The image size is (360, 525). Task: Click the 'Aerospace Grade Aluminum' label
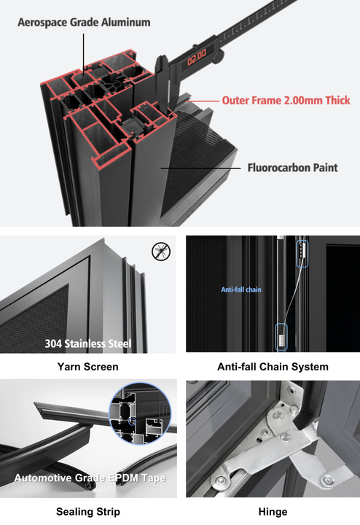pyautogui.click(x=85, y=22)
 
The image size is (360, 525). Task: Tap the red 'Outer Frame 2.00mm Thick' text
pyautogui.click(x=286, y=101)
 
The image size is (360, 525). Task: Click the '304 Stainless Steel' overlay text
pyautogui.click(x=87, y=343)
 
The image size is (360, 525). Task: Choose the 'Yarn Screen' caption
pyautogui.click(x=87, y=367)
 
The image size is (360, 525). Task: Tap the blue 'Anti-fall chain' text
pyautogui.click(x=241, y=289)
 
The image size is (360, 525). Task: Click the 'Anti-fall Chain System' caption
pyautogui.click(x=273, y=367)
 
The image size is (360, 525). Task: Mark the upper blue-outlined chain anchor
pyautogui.click(x=301, y=252)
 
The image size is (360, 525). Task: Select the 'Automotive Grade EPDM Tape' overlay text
pyautogui.click(x=89, y=479)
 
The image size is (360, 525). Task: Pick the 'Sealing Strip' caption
pyautogui.click(x=87, y=511)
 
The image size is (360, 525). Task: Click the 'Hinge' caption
pyautogui.click(x=273, y=511)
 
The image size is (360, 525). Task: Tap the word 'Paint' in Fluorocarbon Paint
pyautogui.click(x=325, y=168)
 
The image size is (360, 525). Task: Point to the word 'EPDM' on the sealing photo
pyautogui.click(x=129, y=479)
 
